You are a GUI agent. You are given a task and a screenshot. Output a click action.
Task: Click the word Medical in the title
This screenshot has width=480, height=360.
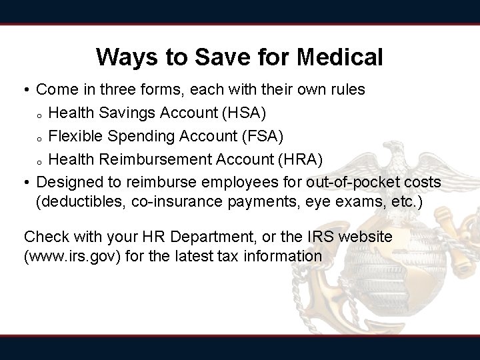click(x=341, y=57)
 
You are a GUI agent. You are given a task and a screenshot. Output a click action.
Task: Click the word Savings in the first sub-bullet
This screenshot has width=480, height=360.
click(x=120, y=113)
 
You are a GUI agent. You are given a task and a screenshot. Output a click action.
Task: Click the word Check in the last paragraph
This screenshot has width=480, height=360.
click(x=43, y=237)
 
